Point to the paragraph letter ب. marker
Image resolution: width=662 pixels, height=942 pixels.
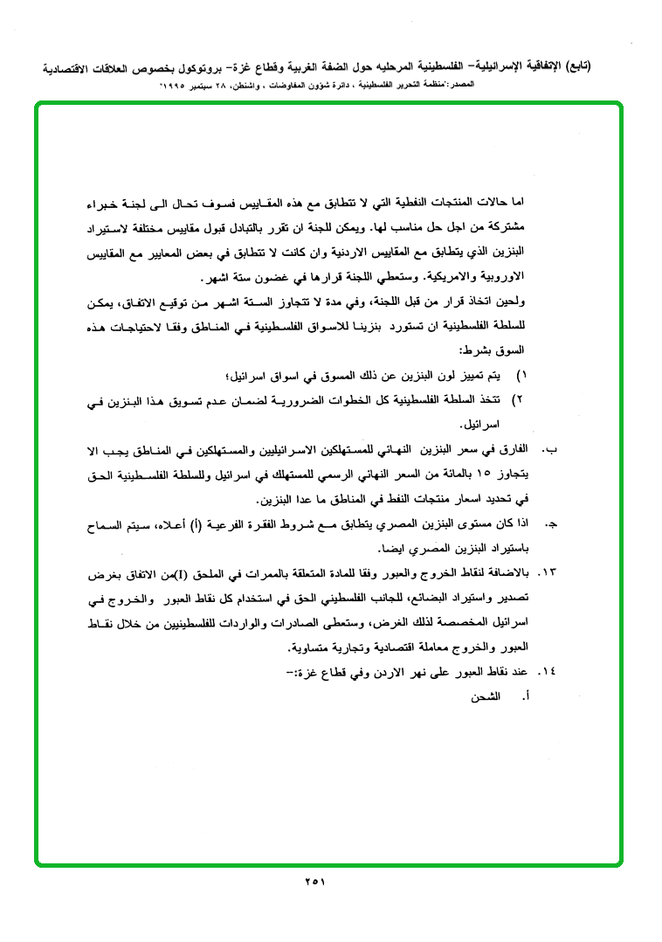click(549, 448)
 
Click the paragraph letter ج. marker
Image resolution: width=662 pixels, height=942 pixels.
click(550, 523)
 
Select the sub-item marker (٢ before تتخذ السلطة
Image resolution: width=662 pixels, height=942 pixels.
click(521, 399)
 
